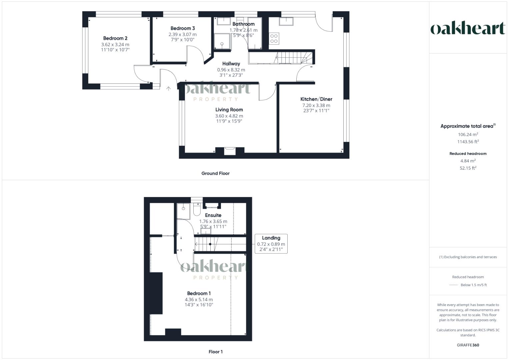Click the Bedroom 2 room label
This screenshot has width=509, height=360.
pos(115,38)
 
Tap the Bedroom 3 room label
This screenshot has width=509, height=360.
pos(183,28)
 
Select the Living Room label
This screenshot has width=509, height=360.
pos(229,110)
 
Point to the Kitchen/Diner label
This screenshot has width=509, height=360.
pos(316,99)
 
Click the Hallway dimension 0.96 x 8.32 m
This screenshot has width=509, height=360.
pos(231,70)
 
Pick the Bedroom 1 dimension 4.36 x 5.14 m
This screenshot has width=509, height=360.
pos(199,299)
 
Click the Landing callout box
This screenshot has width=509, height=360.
pos(271,244)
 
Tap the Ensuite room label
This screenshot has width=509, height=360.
pos(213,215)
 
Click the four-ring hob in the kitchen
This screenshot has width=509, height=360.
pos(274,38)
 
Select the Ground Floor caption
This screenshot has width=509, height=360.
pos(215,173)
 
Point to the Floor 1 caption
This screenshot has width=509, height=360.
pos(216,352)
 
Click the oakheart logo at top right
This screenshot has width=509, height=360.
pos(468,28)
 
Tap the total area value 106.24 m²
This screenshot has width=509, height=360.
pos(468,134)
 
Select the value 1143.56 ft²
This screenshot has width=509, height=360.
pos(468,142)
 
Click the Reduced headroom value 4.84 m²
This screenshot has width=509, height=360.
pos(468,161)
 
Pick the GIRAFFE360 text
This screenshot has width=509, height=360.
pos(468,345)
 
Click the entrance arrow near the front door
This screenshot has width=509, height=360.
pos(169,89)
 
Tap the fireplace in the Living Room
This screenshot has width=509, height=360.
pos(230,151)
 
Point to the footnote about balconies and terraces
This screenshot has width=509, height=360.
pos(468,257)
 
